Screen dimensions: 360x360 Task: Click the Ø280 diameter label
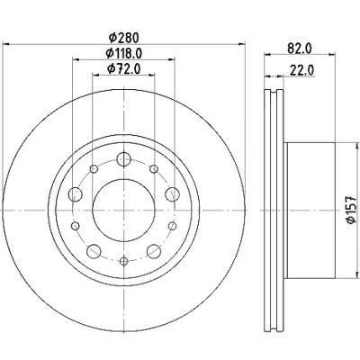click(124, 38)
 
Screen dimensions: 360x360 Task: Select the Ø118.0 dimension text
click(123, 53)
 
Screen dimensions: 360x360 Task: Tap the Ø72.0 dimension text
click(123, 69)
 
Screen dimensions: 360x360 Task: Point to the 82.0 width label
click(300, 49)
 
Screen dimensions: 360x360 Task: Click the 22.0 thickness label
click(301, 71)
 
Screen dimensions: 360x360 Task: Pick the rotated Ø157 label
click(351, 210)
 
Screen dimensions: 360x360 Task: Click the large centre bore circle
click(123, 211)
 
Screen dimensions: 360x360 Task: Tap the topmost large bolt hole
click(123, 158)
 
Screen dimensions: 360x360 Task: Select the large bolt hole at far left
click(76, 194)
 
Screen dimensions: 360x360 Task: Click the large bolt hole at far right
click(172, 194)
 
